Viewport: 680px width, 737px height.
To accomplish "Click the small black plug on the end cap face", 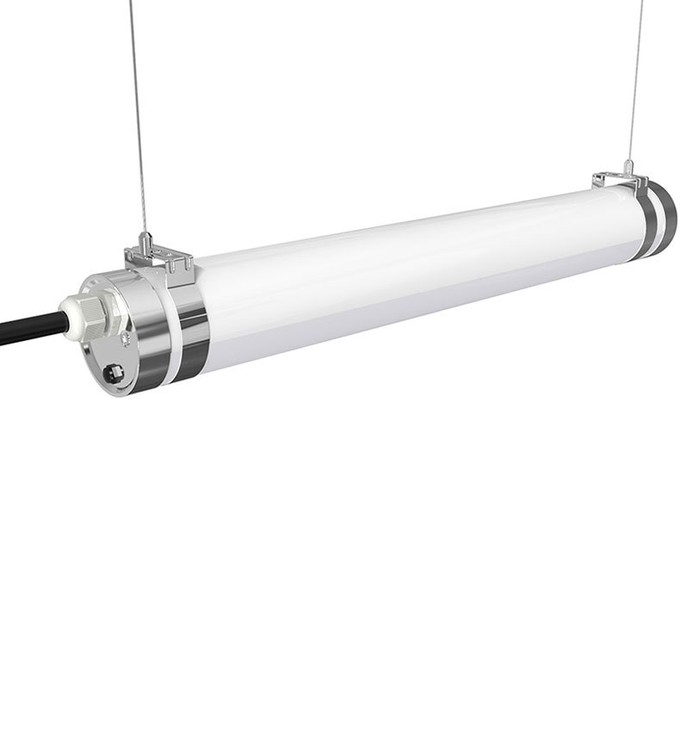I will (x=114, y=373).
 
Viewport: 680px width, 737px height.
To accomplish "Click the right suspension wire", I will (x=635, y=86).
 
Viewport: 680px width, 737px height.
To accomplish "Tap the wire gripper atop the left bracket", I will (x=147, y=240).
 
